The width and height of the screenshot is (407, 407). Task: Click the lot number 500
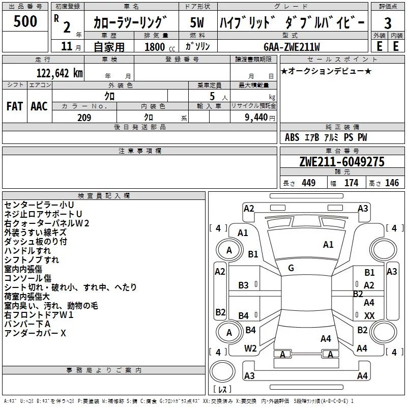point(25,21)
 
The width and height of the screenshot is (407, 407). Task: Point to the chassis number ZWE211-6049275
point(342,162)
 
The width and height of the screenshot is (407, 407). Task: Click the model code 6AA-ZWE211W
point(292,47)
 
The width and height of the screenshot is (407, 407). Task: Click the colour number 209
point(84,118)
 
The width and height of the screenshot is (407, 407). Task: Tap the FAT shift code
point(14,106)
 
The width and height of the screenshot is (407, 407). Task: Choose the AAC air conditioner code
point(39,106)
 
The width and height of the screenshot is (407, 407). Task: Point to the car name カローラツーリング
point(130,22)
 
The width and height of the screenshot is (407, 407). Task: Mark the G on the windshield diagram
point(290,268)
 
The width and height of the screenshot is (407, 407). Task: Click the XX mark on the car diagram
point(369,316)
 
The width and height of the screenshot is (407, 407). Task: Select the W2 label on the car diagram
point(250,348)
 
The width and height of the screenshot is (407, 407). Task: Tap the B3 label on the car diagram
point(244,285)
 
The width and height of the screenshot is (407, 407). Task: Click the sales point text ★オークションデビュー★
point(326,71)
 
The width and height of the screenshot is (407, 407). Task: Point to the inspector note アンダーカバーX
point(35,333)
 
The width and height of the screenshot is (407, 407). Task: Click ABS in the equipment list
point(292,137)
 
